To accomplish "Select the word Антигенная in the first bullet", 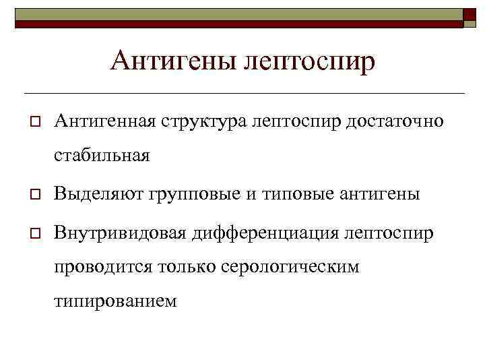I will point(106,122).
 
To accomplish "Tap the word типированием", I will point(115,301).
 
